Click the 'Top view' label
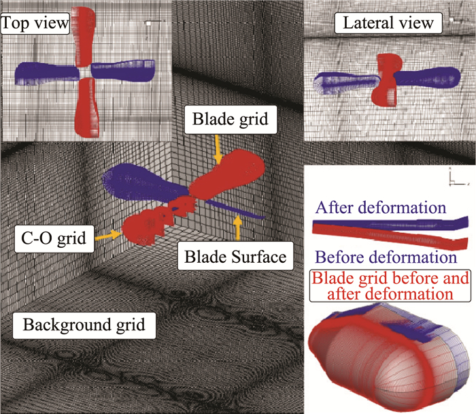click(x=35, y=24)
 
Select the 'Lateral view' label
click(x=389, y=22)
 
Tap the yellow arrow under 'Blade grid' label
click(x=218, y=148)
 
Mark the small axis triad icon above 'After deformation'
click(x=456, y=178)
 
